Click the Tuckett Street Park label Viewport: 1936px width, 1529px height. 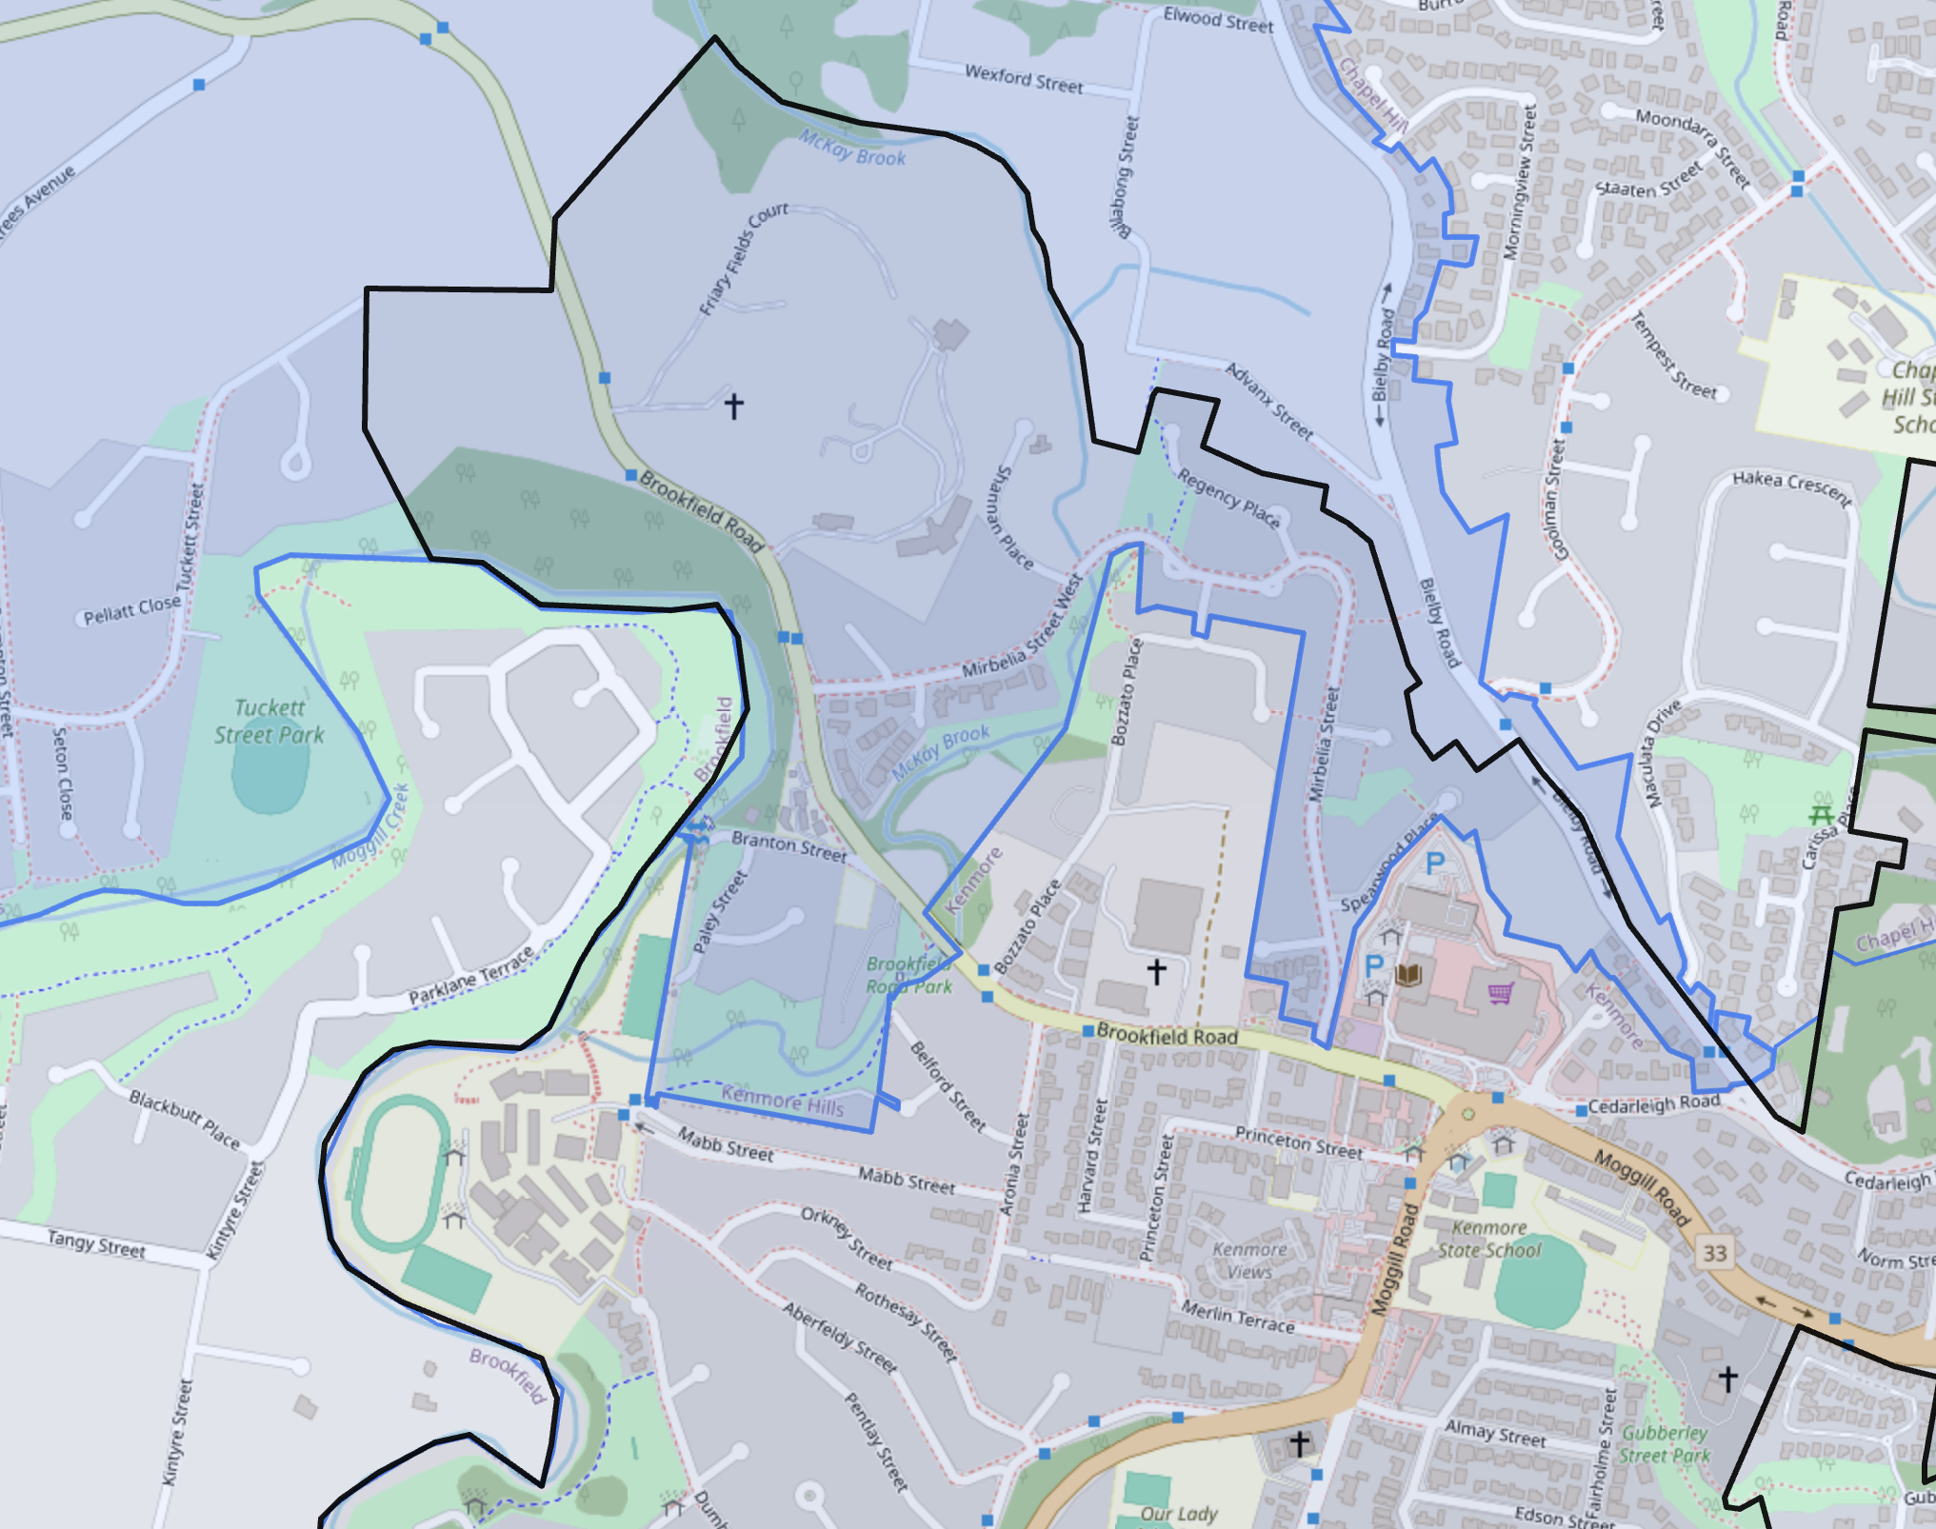click(x=269, y=722)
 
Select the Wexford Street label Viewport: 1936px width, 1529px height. click(x=1024, y=79)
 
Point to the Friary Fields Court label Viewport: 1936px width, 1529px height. click(x=743, y=258)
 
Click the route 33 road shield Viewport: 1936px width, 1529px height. click(x=1715, y=1253)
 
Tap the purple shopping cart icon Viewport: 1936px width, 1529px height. click(x=1501, y=993)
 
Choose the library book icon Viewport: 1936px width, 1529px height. click(x=1408, y=974)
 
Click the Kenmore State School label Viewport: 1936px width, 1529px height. click(x=1489, y=1240)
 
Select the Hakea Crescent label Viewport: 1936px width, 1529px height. click(x=1791, y=487)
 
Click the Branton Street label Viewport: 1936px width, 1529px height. click(x=788, y=846)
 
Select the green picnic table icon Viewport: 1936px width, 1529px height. click(x=1821, y=813)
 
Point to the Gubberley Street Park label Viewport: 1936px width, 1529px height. click(x=1666, y=1444)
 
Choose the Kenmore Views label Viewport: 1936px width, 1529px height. click(x=1249, y=1261)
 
